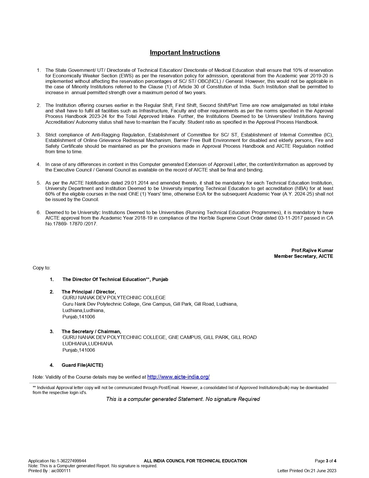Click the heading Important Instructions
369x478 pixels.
pos(185,52)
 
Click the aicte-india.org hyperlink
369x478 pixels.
pos(178,377)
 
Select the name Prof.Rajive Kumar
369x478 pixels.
pos(312,250)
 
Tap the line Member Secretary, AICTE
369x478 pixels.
pos(303,256)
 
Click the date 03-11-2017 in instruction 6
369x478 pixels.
pos(290,218)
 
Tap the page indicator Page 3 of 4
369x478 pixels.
pos(325,461)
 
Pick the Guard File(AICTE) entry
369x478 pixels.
pos(82,365)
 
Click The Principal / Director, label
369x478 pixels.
pos(89,292)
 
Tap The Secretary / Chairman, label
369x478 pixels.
pos(91,331)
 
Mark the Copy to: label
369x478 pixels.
pos(41,268)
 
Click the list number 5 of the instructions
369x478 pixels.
pos(38,183)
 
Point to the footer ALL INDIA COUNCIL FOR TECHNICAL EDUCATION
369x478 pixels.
pos(195,461)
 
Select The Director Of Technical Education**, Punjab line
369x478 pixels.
pos(115,279)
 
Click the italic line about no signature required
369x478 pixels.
pos(183,399)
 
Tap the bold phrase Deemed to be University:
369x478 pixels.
pos(73,212)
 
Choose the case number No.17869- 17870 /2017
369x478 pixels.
pos(71,224)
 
